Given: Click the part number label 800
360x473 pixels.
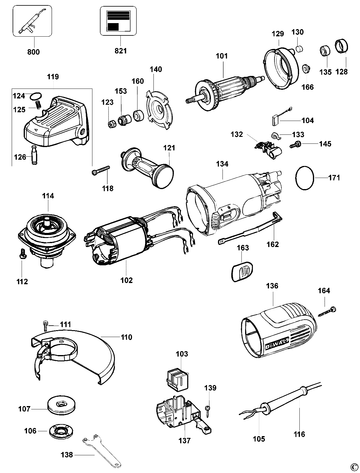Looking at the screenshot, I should click(x=33, y=52).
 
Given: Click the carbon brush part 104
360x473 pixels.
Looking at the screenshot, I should click(x=275, y=120).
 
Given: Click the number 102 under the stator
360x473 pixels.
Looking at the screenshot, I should click(x=126, y=280).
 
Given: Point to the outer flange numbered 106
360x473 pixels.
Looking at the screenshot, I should click(x=62, y=431).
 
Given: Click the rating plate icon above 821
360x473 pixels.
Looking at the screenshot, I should click(x=118, y=21).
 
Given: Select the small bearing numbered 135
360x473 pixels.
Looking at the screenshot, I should click(x=325, y=50).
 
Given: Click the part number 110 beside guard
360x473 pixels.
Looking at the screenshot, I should click(x=126, y=337).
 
